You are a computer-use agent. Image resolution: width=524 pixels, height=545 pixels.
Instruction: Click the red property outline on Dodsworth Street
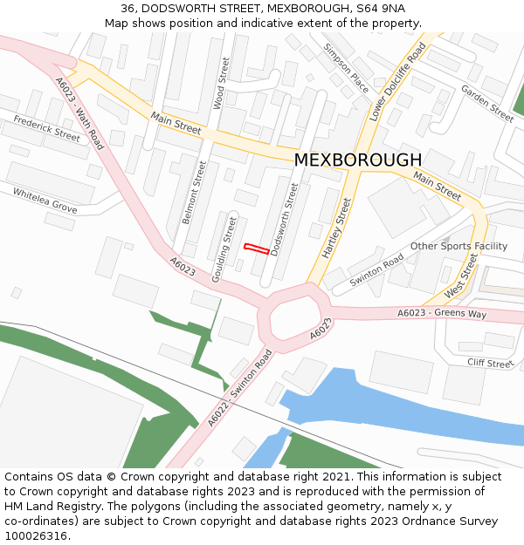[255, 249]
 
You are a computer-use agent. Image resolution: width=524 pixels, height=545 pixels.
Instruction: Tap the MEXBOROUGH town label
[357, 160]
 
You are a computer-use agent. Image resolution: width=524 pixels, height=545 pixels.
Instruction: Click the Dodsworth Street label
[286, 219]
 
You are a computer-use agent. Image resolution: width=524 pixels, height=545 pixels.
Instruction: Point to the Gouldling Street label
[224, 247]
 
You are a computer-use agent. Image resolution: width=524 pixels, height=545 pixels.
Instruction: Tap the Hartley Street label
[336, 228]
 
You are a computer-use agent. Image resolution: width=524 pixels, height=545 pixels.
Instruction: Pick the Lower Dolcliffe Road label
[397, 81]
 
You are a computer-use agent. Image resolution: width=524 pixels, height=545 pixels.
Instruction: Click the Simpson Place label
[346, 69]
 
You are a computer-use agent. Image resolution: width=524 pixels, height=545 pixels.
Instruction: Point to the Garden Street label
[487, 104]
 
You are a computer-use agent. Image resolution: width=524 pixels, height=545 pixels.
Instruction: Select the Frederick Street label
[46, 129]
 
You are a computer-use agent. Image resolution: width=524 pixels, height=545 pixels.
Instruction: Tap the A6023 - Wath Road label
[79, 113]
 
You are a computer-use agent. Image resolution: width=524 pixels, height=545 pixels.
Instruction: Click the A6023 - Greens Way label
[441, 313]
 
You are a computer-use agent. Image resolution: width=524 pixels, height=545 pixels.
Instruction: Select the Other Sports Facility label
[458, 246]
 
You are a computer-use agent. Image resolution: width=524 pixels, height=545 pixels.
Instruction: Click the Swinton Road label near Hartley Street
[376, 271]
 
